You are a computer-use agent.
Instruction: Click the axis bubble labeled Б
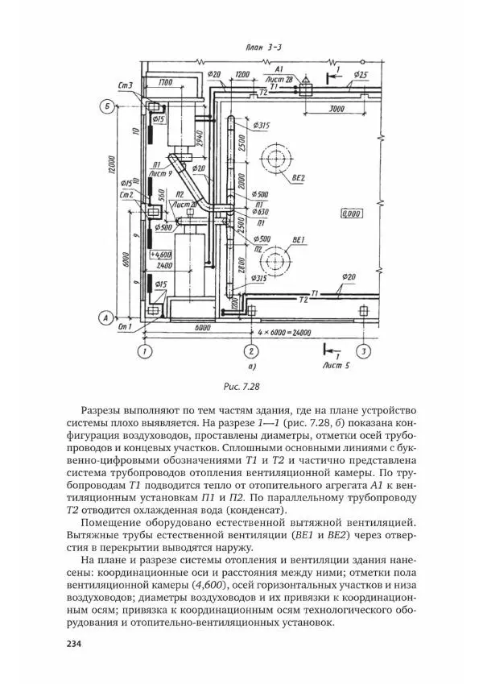click(106, 106)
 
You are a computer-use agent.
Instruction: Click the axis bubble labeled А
click(106, 317)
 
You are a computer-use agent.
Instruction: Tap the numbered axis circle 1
click(145, 351)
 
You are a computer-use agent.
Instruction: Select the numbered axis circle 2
click(251, 351)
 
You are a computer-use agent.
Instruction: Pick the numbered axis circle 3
click(364, 351)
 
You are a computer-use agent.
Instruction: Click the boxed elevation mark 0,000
click(351, 214)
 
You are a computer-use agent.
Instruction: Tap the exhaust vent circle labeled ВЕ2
click(279, 156)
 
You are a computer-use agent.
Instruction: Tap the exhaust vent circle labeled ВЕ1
click(279, 260)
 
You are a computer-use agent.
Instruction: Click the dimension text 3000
click(325, 106)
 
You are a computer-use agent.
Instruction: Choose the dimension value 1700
click(166, 82)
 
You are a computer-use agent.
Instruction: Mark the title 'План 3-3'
click(260, 48)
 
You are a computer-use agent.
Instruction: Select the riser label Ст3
click(125, 85)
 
